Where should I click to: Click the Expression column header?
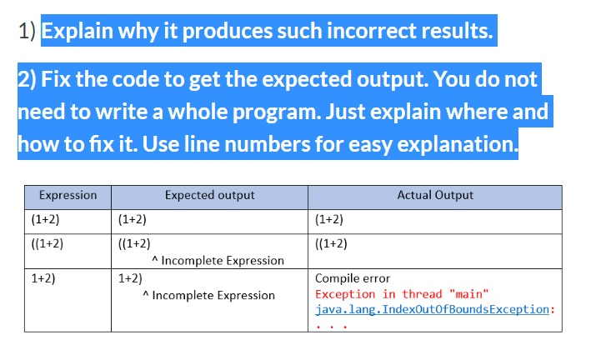pyautogui.click(x=68, y=196)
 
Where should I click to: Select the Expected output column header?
pyautogui.click(x=209, y=196)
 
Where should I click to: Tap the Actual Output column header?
pyautogui.click(x=434, y=196)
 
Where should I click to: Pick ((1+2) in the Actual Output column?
pyautogui.click(x=331, y=244)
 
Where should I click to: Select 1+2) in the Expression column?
pyautogui.click(x=43, y=279)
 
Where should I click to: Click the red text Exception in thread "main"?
pyautogui.click(x=401, y=294)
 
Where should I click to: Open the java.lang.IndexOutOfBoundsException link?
pyautogui.click(x=433, y=309)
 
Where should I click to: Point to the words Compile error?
pyautogui.click(x=352, y=279)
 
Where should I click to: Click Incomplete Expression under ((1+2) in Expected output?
pyautogui.click(x=222, y=261)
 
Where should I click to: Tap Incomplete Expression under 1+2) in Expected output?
pyautogui.click(x=213, y=296)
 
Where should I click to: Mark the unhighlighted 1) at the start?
pyautogui.click(x=27, y=32)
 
